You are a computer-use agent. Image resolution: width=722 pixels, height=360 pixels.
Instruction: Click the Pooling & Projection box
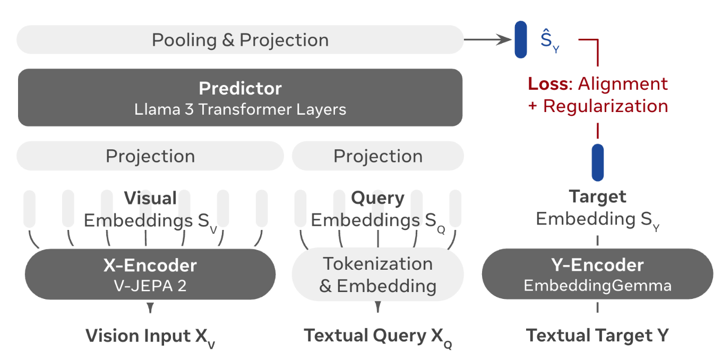point(240,40)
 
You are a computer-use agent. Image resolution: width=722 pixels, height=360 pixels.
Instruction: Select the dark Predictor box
point(240,97)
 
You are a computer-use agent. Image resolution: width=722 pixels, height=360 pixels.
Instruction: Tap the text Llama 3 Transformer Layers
point(240,109)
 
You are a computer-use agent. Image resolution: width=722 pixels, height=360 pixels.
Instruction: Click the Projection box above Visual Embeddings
point(150,156)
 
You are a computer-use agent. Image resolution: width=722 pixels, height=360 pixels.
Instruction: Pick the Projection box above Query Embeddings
point(378,156)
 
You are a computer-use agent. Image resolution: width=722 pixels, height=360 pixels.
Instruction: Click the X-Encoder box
point(150,275)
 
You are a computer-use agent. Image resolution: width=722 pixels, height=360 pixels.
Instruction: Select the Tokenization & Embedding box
point(378,275)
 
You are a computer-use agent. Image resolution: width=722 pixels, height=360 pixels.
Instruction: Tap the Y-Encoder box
point(597,274)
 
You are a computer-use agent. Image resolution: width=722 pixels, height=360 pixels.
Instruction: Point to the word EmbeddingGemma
point(597,286)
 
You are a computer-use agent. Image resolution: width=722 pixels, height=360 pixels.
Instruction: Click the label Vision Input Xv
point(150,337)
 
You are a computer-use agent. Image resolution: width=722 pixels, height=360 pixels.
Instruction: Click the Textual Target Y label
point(597,335)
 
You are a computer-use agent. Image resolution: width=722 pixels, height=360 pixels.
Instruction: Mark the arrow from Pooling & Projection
point(488,40)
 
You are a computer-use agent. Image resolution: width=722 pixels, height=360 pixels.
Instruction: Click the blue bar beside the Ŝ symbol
point(521,40)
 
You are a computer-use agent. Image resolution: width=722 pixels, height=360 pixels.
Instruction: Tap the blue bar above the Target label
point(598,162)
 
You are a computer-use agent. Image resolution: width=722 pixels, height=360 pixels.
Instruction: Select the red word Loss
point(548,84)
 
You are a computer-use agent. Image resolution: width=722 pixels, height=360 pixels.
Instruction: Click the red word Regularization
point(606,106)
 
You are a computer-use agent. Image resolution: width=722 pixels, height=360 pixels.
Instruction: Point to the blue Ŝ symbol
point(549,40)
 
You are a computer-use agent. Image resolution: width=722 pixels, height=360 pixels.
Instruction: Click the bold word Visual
point(150,198)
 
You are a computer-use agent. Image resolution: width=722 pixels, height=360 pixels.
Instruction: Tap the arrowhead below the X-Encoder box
point(150,307)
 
